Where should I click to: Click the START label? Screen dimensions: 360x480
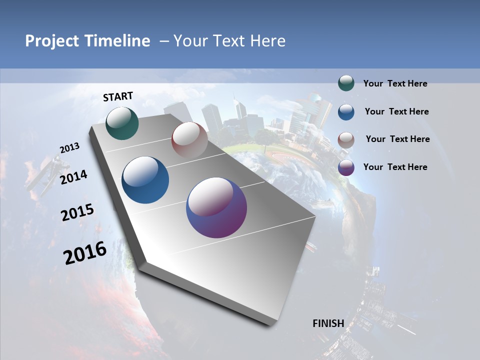[x=118, y=96]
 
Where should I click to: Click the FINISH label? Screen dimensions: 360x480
[x=328, y=323]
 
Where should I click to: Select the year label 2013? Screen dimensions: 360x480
[x=70, y=148]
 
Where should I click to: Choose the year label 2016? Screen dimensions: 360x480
[x=85, y=253]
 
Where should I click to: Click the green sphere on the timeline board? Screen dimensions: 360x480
[x=122, y=123]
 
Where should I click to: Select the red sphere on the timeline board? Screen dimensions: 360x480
[x=189, y=140]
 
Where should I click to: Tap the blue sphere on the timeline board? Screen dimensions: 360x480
[x=145, y=180]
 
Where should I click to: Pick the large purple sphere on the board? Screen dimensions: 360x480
[x=216, y=207]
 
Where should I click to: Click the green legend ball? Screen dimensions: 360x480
[x=346, y=83]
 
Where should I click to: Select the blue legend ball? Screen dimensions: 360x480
[x=346, y=111]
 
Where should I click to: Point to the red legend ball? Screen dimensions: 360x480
[x=346, y=139]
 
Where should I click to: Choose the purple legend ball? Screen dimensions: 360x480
[x=346, y=167]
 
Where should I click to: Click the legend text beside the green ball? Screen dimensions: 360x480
[x=395, y=84]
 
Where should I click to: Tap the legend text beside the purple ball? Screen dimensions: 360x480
[x=395, y=167]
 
